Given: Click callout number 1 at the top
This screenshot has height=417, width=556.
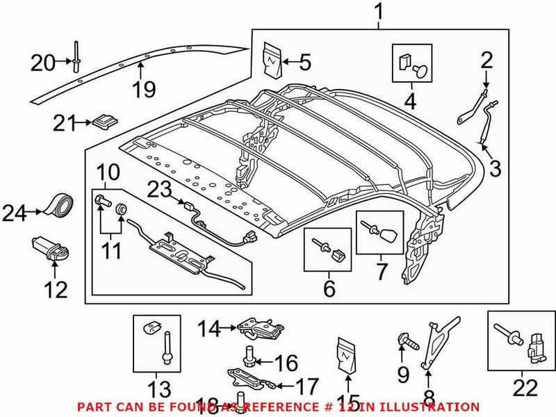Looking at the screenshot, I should pyautogui.click(x=379, y=12).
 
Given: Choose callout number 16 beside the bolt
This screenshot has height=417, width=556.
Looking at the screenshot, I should pyautogui.click(x=285, y=363).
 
